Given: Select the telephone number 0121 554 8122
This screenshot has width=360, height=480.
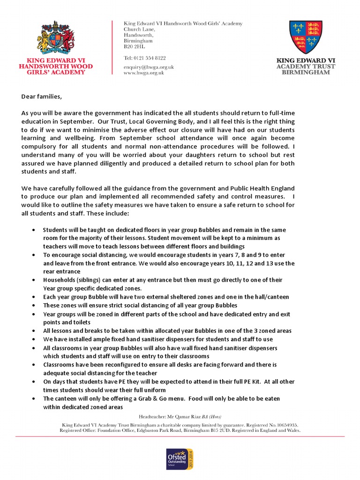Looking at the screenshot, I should [x=149, y=58].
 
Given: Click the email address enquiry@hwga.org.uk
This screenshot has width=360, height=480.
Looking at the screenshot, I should [x=149, y=67].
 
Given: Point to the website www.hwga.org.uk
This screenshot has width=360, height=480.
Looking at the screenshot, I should [x=143, y=73].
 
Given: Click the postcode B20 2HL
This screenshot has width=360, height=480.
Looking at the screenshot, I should [x=134, y=47].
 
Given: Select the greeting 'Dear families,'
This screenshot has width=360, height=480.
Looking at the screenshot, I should [x=41, y=97].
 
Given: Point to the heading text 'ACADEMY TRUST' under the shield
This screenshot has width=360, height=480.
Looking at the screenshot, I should [x=306, y=67].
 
